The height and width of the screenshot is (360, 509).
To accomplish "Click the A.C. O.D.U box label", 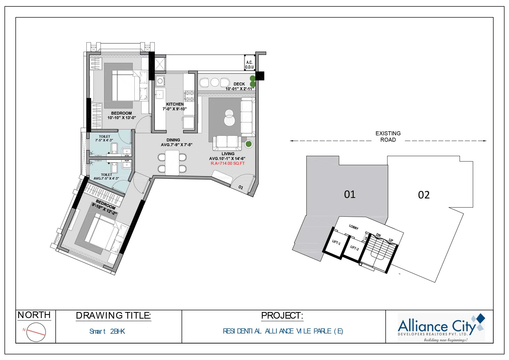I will coord(249,65).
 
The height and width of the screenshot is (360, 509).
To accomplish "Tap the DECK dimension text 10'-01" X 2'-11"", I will coord(240,89).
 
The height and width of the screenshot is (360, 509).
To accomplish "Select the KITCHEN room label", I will coord(175,104).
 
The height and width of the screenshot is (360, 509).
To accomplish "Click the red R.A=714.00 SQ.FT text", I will coord(228,163).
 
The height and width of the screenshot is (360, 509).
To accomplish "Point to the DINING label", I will coord(173,140).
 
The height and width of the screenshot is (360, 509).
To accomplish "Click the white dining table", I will coord(172,162).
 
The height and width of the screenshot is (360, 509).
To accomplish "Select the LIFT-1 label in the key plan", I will coord(336,242).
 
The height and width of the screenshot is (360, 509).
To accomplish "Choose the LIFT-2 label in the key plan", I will coord(354,248).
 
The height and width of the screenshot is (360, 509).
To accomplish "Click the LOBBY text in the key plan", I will coord(354,227).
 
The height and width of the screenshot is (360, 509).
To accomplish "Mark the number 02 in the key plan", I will coord(424,195).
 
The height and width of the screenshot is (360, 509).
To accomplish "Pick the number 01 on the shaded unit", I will coord(350,194).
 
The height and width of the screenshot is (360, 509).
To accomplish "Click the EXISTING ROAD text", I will coord(388,137).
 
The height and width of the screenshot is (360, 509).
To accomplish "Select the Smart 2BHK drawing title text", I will coord(107,331).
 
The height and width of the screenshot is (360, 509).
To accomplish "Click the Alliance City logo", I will coord(441,328).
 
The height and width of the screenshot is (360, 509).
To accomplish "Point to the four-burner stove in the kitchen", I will coord(189,96).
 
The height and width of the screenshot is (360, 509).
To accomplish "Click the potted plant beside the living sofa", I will coord(248,144).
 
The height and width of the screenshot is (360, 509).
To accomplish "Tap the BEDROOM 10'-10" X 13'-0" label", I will coord(121,115).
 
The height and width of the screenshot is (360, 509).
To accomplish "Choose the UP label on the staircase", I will coord(391,240).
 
